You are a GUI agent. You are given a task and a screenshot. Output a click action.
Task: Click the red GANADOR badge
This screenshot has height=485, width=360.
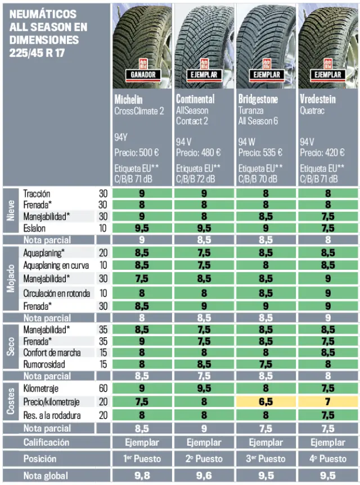pos(143,74)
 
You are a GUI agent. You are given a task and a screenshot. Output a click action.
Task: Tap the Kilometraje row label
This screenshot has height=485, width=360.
pos(41,388)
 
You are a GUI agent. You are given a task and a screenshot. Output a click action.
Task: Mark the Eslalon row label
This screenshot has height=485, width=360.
pos(35,228)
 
